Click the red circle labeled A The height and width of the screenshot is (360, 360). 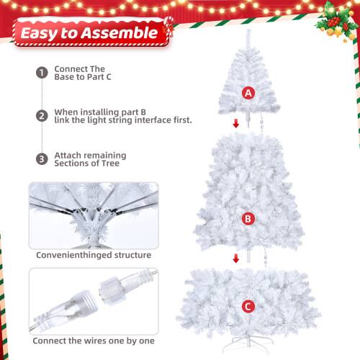(248, 93)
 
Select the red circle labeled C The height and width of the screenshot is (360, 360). (248, 307)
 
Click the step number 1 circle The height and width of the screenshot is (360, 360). (41, 73)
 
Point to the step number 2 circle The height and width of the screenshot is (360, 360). (41, 115)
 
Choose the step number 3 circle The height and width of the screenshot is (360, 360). (41, 158)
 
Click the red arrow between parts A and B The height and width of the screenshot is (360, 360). (236, 124)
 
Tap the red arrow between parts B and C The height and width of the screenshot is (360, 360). (236, 258)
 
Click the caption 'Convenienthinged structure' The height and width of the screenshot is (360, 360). (94, 254)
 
